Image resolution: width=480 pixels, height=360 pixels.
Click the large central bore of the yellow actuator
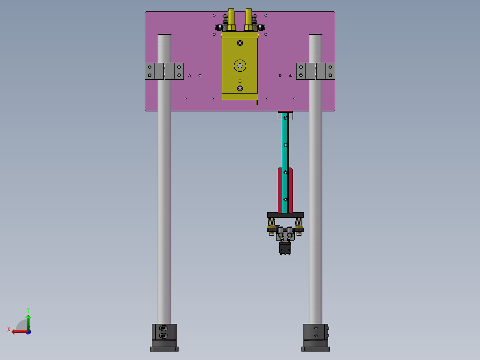click(x=240, y=65)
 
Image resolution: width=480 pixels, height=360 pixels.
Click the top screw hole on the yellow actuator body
click(x=240, y=43)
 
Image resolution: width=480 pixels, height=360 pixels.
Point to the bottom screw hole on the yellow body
click(x=240, y=89)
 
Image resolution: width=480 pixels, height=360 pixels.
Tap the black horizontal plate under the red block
click(x=285, y=215)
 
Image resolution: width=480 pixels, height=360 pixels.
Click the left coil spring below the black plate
click(x=271, y=222)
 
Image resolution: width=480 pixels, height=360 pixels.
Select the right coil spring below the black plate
click(x=299, y=222)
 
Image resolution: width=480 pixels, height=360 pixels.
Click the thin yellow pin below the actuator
click(x=257, y=102)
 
